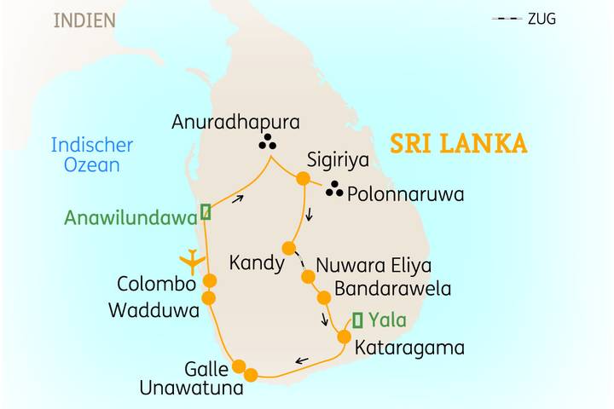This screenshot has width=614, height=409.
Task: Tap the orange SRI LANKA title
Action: coord(458,142)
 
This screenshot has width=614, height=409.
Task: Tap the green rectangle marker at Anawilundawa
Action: coord(205,210)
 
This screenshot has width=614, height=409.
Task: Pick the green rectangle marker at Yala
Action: coord(357,320)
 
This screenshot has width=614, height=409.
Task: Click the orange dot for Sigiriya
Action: coord(302,179)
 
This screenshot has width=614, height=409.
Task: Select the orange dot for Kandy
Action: coord(289,248)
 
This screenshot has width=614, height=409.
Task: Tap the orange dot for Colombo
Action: coord(209,280)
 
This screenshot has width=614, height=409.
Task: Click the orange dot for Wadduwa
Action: coord(209,297)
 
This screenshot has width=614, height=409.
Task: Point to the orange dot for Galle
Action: coord(240,366)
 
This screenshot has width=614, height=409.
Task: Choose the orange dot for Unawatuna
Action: coord(251,374)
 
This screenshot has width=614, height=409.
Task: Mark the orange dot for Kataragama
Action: coord(344,337)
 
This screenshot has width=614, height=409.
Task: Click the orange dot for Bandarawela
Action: coord(324,297)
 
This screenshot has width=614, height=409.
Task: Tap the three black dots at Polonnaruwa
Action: coord(335,190)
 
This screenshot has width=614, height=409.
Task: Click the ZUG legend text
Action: coord(542,18)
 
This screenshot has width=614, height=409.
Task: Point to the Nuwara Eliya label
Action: coord(374,264)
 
